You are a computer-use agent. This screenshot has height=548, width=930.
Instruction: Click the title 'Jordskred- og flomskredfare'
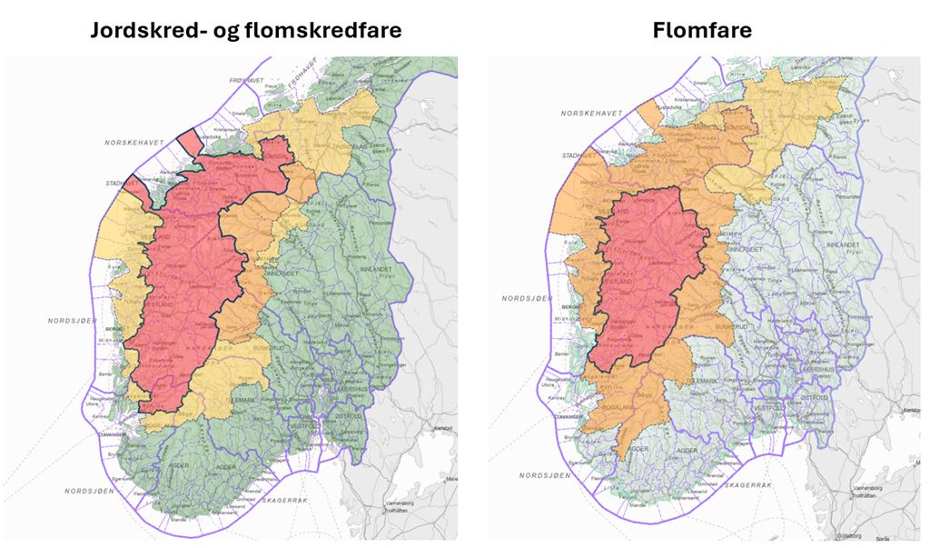[245, 30]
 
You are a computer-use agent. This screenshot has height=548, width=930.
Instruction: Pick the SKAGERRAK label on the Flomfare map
[741, 485]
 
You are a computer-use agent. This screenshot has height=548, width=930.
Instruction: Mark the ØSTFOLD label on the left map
[350, 416]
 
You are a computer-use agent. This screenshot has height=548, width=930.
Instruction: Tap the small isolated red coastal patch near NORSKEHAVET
[189, 143]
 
